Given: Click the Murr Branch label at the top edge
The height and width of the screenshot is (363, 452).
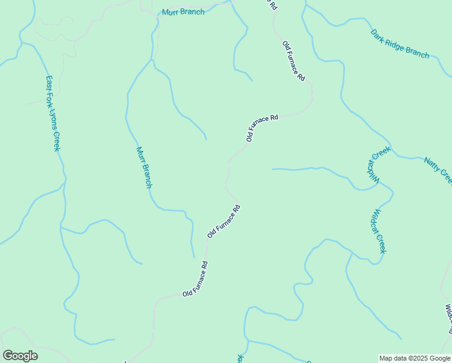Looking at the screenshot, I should [x=183, y=12].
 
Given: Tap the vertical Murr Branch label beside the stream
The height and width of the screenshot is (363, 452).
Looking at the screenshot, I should [x=144, y=168].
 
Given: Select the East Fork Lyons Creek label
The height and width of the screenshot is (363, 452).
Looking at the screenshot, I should [x=53, y=113].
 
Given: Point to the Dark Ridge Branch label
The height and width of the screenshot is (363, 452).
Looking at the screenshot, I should [x=399, y=44].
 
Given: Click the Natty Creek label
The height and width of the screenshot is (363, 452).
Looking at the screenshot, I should [x=437, y=169].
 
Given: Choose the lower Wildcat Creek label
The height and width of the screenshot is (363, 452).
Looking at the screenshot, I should [x=379, y=231].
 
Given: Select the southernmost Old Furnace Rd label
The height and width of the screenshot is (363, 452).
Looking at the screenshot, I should [x=196, y=279].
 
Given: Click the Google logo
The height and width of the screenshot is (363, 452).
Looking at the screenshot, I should [x=20, y=355].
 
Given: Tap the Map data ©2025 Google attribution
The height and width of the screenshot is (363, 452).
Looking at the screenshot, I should [x=415, y=358].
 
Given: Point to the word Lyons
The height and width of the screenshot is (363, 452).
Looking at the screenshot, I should [x=54, y=119].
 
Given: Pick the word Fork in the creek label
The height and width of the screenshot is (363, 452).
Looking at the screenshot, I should [x=51, y=99].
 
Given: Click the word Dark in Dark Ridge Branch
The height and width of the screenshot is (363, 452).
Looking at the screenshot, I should [x=378, y=34].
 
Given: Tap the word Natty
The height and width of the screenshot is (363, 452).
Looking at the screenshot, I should [x=431, y=164].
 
